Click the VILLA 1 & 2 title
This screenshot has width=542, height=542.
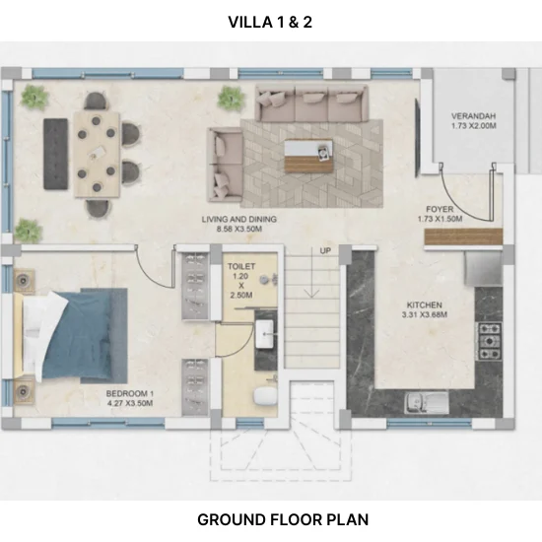[x=270, y=22]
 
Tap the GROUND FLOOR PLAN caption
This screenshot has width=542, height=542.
[x=283, y=519]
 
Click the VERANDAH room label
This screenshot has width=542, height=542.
[x=474, y=116]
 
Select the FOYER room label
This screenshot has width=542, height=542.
[x=440, y=209]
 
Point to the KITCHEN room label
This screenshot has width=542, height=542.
[x=425, y=305]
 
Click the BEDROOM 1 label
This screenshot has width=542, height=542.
[x=130, y=393]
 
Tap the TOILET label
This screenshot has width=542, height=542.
[x=241, y=266]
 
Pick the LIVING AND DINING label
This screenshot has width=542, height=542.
[x=239, y=219]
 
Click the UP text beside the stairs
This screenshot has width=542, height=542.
[x=325, y=250]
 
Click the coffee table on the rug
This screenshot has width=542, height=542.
[x=309, y=156]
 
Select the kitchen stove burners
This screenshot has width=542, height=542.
[x=490, y=341]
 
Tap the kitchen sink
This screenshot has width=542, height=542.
[x=427, y=402]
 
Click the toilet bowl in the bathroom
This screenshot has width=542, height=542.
[x=265, y=396]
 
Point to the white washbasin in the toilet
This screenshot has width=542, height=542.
[x=264, y=334]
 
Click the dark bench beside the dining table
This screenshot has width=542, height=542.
[x=55, y=154]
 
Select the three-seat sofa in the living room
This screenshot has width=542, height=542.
[x=311, y=103]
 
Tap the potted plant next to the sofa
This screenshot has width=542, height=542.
[x=232, y=98]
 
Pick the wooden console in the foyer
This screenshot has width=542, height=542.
[x=463, y=237]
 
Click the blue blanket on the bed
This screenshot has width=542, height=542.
[x=82, y=335]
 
